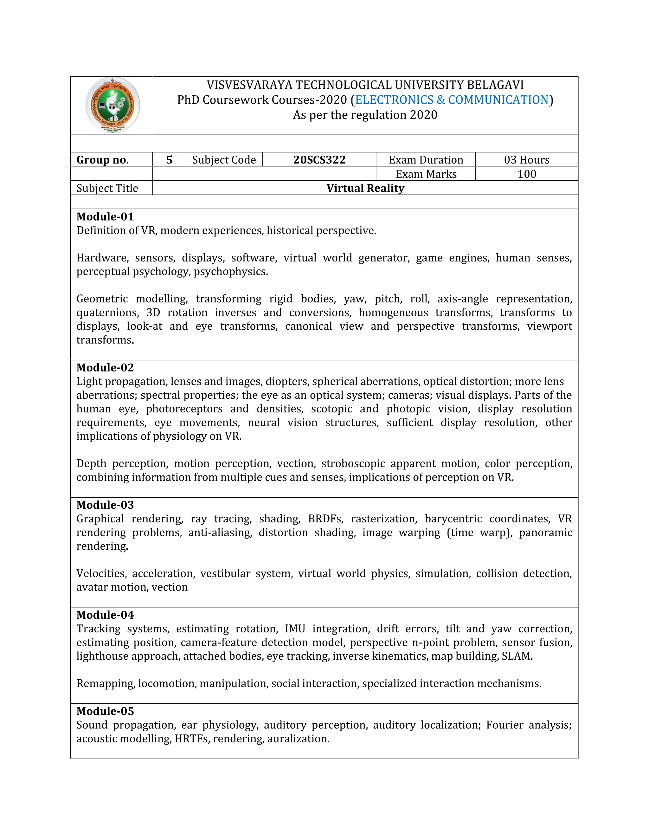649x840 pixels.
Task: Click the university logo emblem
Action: click(x=112, y=105)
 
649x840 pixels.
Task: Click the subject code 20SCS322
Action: click(x=319, y=160)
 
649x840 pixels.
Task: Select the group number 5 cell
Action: click(x=169, y=160)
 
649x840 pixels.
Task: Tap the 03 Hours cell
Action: click(x=526, y=160)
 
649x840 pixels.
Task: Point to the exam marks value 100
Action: click(x=526, y=174)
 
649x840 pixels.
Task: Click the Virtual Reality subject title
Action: click(x=365, y=188)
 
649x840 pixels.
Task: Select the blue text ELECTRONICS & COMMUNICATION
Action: click(x=451, y=100)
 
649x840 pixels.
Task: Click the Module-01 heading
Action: click(x=105, y=216)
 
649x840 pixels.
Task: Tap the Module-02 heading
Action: click(x=105, y=367)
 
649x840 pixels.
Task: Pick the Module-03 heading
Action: click(x=105, y=505)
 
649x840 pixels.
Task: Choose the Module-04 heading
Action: click(x=105, y=615)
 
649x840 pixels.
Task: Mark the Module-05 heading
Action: click(x=105, y=711)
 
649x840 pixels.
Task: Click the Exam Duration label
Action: click(x=426, y=160)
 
